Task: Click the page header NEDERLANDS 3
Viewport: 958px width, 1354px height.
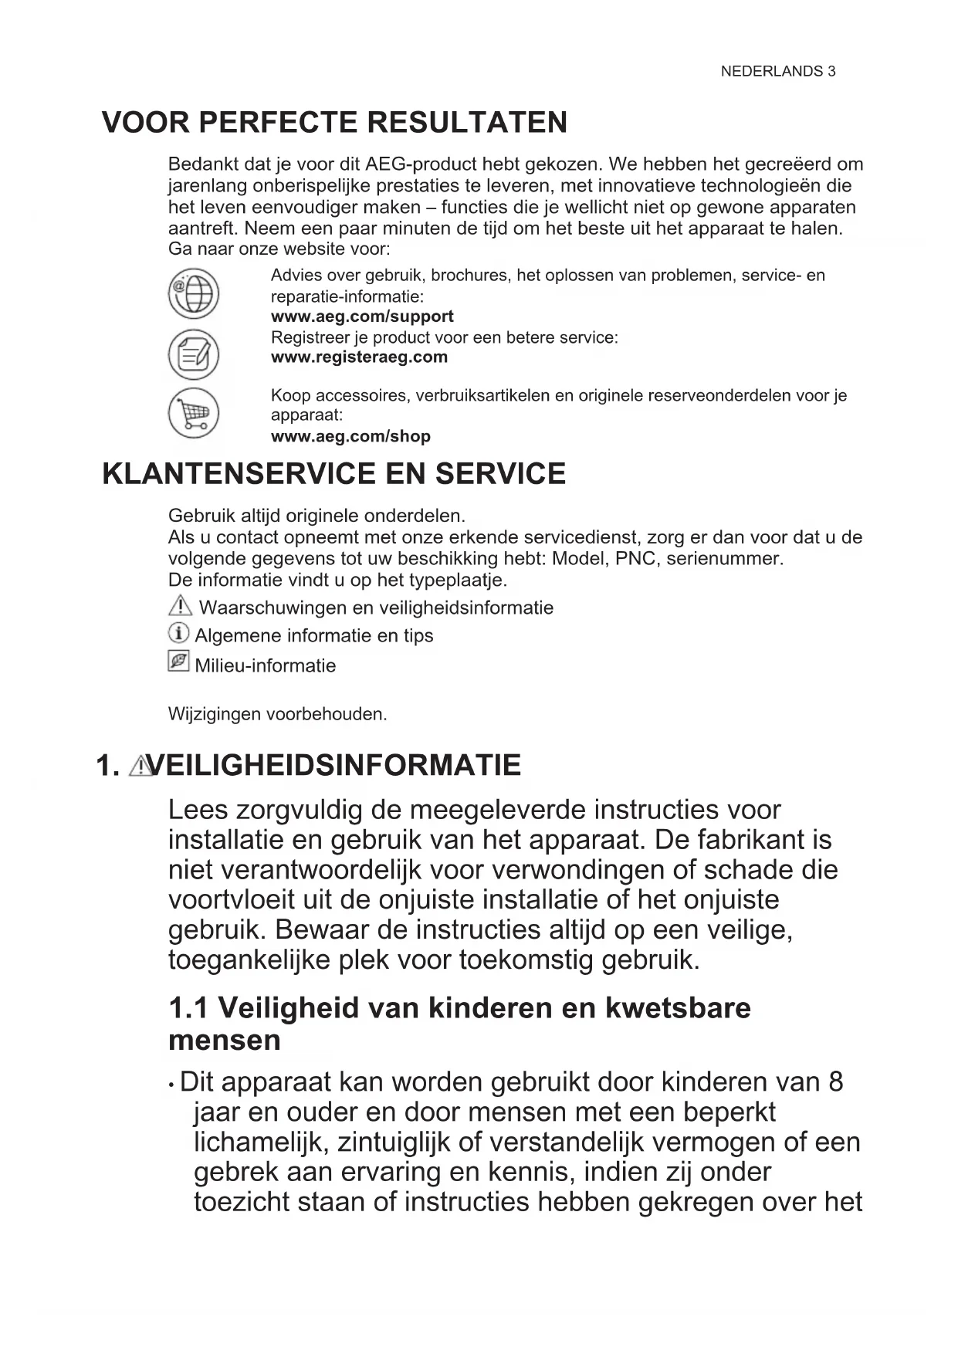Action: point(777,72)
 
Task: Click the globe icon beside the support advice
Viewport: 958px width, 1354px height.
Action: point(194,294)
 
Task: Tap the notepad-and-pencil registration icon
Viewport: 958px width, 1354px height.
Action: point(194,354)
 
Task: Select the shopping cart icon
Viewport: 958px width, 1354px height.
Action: point(194,412)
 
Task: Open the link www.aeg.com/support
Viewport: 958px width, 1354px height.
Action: point(362,316)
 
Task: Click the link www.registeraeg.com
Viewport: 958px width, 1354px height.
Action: point(359,357)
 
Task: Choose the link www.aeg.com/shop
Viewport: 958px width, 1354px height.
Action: point(350,436)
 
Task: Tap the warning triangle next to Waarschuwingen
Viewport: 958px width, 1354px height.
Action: point(179,606)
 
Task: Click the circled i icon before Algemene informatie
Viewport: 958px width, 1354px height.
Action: point(178,634)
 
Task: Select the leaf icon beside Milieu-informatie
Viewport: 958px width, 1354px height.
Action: point(178,662)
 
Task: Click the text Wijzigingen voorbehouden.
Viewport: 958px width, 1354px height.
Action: point(277,714)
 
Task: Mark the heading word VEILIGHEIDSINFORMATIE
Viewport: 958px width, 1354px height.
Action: point(334,766)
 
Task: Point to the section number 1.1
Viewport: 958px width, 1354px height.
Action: point(188,1008)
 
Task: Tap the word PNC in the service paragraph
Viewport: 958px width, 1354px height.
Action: point(635,559)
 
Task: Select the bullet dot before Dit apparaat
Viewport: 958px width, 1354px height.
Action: point(171,1085)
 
